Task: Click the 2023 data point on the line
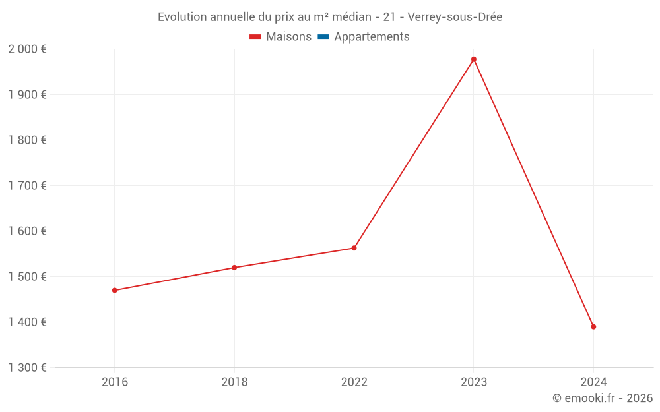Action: [x=474, y=59]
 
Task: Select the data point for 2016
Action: [x=115, y=290]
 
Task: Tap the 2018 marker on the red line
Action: [x=234, y=268]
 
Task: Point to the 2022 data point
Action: [x=354, y=248]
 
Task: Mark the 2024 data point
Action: [x=593, y=326]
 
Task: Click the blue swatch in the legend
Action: [x=323, y=37]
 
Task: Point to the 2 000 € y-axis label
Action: [x=28, y=49]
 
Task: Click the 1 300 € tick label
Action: [x=28, y=367]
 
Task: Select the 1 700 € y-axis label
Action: [x=28, y=185]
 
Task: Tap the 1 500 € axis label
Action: [x=28, y=276]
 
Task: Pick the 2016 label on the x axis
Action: [x=115, y=382]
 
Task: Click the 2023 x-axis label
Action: [x=474, y=382]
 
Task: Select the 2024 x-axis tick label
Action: [x=593, y=382]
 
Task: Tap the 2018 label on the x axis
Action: [x=234, y=382]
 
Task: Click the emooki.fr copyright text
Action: [x=603, y=398]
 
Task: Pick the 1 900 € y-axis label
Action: [x=28, y=94]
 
